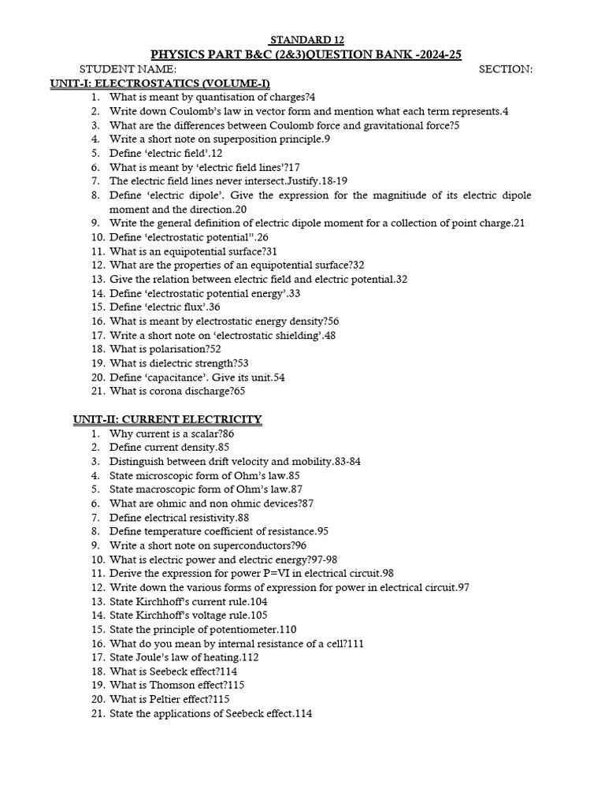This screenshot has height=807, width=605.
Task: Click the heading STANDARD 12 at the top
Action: pyautogui.click(x=307, y=40)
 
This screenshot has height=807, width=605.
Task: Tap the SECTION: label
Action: pyautogui.click(x=506, y=69)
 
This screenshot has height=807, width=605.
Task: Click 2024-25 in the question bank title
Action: pyautogui.click(x=432, y=54)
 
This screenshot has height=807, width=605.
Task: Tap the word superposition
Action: pyautogui.click(x=236, y=139)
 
